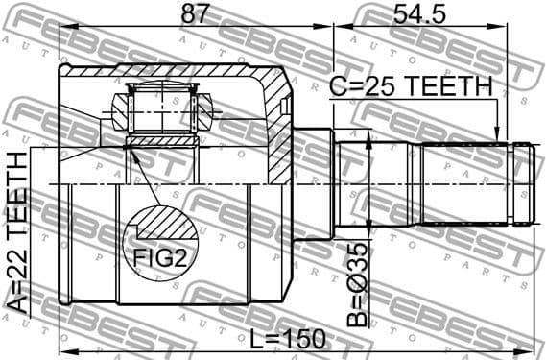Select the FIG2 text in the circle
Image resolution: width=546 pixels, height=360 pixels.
(x=157, y=256)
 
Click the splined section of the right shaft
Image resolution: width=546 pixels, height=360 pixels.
(x=466, y=182)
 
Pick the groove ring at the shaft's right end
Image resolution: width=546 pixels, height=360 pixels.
(x=523, y=182)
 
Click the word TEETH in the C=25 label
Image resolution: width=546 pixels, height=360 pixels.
(x=444, y=86)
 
